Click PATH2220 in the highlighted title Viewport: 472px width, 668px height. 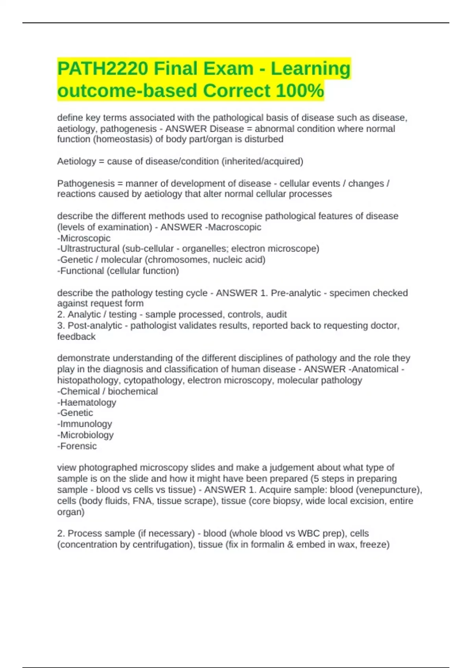click(103, 69)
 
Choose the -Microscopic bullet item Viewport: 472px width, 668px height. click(84, 238)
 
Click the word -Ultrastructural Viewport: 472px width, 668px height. click(88, 249)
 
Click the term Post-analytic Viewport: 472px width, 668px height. click(95, 325)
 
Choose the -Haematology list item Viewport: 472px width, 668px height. click(87, 402)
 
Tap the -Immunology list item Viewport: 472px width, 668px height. click(85, 424)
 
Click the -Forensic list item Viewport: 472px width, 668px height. click(77, 446)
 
